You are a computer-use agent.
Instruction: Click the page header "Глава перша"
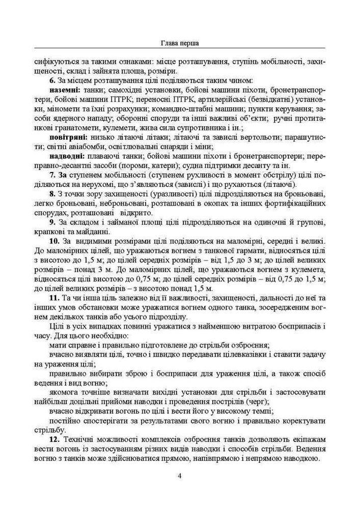[x=180, y=43]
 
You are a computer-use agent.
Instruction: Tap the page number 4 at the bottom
[x=180, y=476]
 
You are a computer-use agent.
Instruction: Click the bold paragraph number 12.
[x=54, y=439]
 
